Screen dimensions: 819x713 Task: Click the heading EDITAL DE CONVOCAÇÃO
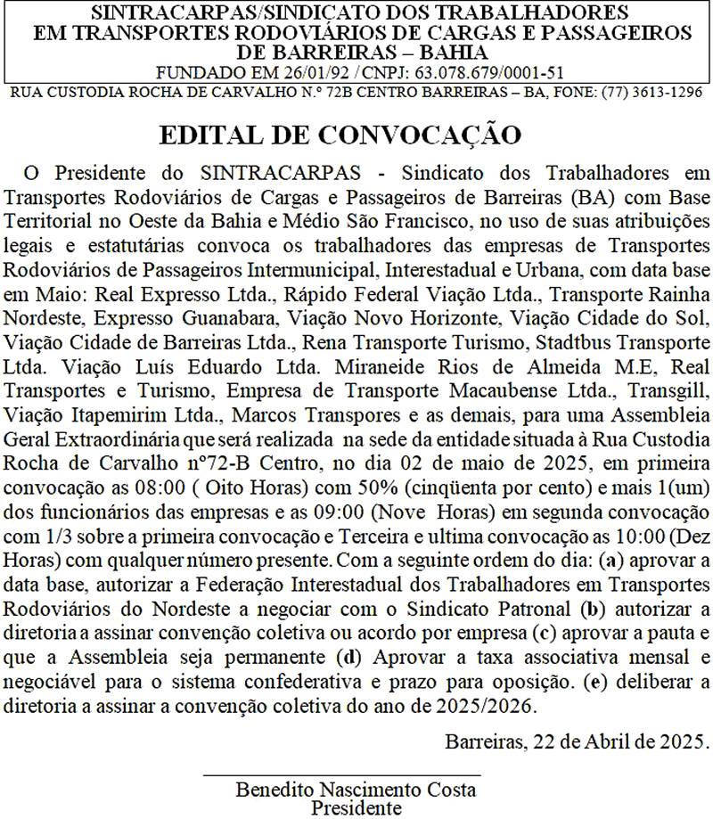click(339, 136)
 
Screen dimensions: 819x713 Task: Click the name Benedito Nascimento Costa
click(356, 790)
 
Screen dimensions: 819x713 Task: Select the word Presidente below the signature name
click(356, 807)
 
